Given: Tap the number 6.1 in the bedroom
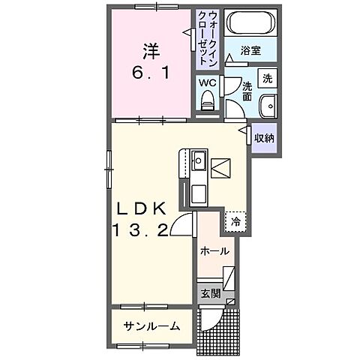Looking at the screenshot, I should (x=151, y=73).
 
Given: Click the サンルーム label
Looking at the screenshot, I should (x=152, y=325).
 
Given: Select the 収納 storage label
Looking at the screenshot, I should (x=264, y=138).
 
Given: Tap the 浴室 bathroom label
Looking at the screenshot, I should (x=250, y=50).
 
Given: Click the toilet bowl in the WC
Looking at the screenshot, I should (x=208, y=100).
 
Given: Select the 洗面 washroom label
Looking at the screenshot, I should (x=248, y=91).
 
